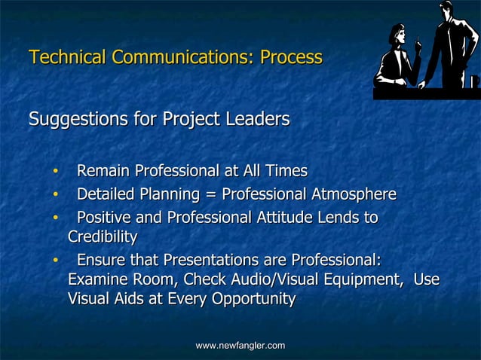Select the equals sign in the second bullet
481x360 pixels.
pos(209,195)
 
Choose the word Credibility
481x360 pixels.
pos(103,237)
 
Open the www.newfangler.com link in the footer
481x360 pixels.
pos(240,345)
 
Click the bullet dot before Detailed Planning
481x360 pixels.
pos(55,196)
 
